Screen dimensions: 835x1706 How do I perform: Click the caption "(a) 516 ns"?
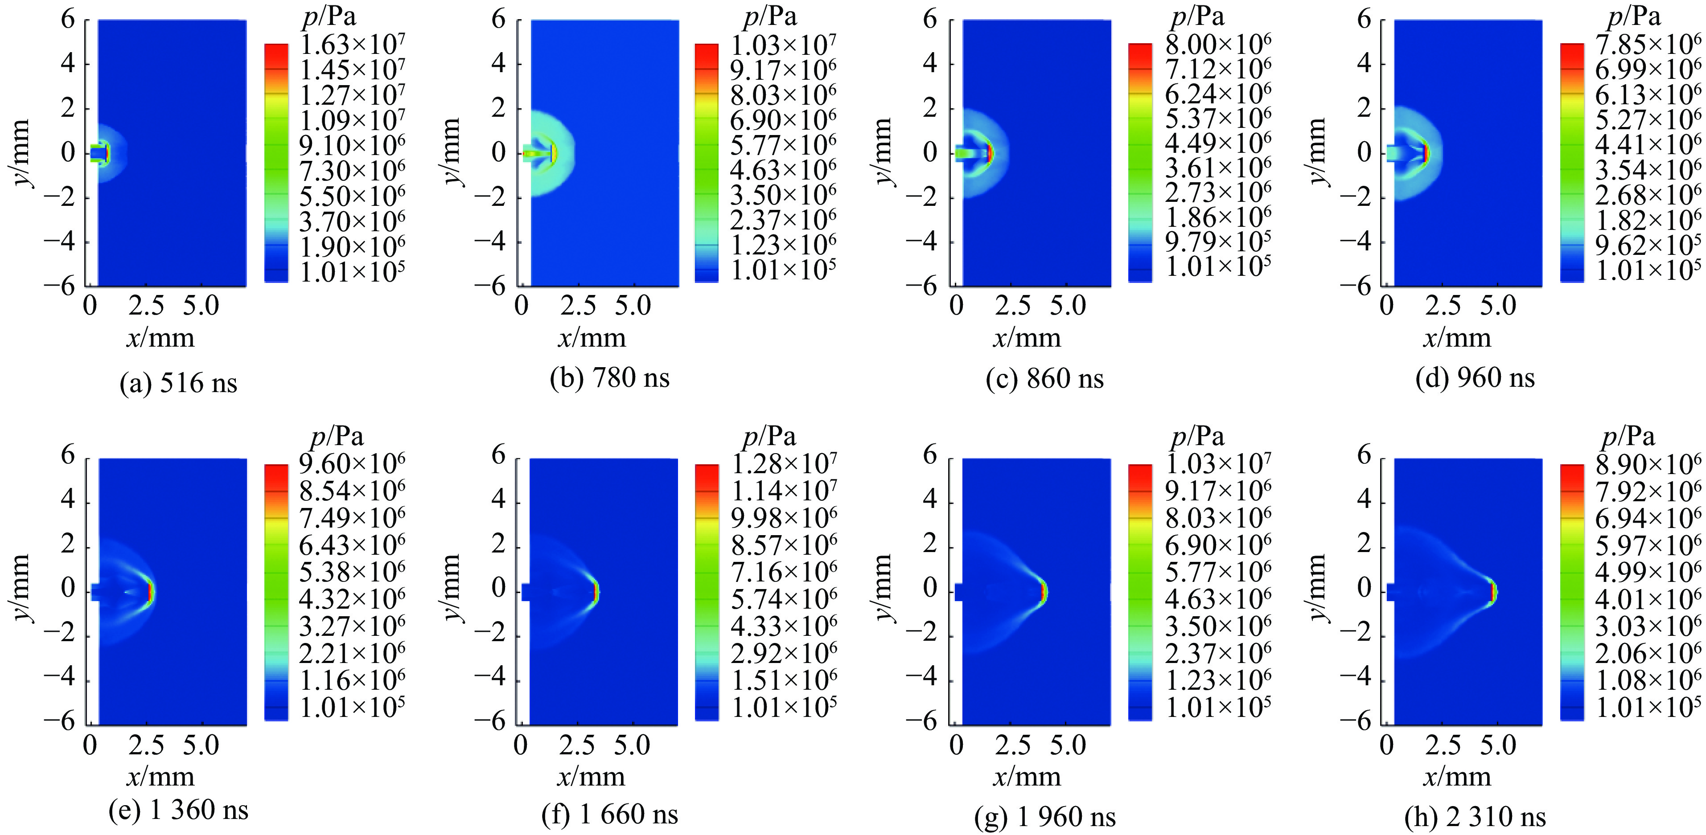click(178, 383)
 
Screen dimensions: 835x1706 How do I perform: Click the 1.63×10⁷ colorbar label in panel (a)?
click(352, 45)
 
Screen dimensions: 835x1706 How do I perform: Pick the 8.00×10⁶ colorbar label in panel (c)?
click(1218, 45)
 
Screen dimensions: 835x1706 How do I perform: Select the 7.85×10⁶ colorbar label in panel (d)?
click(1648, 45)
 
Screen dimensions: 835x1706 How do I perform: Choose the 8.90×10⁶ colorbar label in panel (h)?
click(1648, 464)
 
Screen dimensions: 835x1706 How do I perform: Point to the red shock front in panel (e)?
click(150, 591)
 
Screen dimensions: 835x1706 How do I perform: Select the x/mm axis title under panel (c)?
click(1027, 338)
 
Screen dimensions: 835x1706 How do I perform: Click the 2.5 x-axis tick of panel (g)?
click(1012, 745)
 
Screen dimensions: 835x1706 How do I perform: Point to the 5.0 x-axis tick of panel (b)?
click(633, 306)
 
